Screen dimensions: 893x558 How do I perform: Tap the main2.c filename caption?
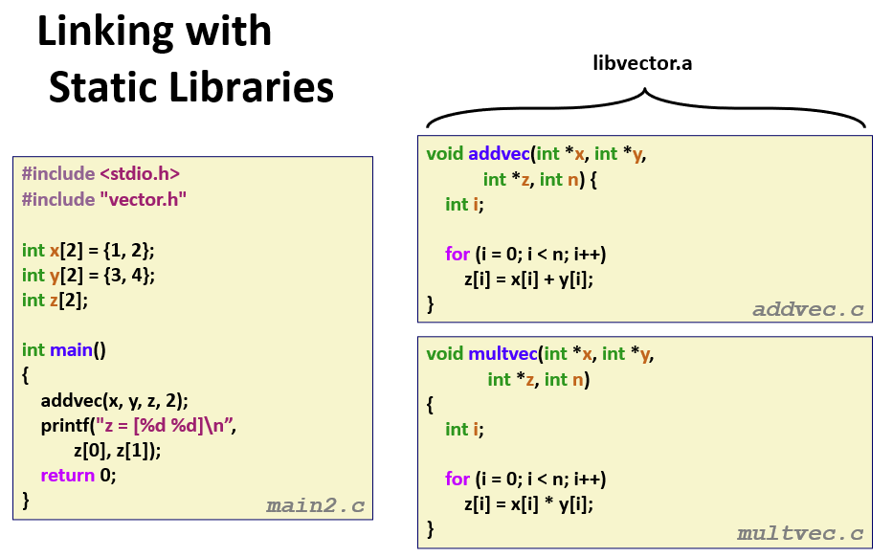coord(315,505)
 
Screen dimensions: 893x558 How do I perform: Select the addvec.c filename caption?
coord(808,309)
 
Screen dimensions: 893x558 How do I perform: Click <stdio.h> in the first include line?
coord(140,173)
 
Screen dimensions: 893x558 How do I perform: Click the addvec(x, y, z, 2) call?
coord(115,400)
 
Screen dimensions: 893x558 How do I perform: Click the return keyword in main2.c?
coord(67,475)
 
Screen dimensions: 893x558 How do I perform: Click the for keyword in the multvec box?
coord(458,479)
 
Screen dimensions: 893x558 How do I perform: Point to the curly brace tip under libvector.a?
coord(646,92)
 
